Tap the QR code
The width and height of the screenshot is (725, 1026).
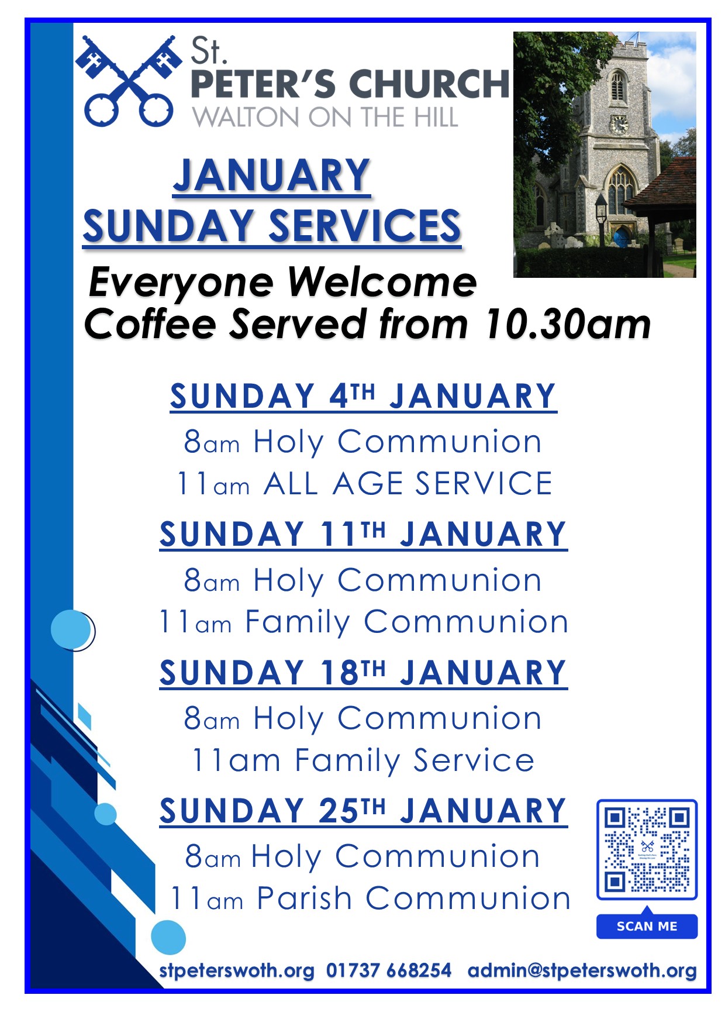click(x=647, y=849)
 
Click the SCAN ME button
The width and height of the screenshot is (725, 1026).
click(x=647, y=926)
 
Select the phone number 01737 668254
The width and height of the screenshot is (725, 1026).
click(x=389, y=970)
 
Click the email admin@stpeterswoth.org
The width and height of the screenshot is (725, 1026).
click(x=582, y=971)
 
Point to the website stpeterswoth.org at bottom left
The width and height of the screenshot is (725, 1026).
click(x=237, y=971)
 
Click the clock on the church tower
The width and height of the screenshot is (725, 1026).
click(x=618, y=125)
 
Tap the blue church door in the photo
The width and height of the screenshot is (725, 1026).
click(x=621, y=237)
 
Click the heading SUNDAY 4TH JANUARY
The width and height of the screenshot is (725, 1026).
click(x=363, y=396)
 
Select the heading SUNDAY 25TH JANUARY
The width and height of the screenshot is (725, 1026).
click(x=363, y=811)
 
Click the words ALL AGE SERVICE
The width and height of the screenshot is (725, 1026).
click(x=408, y=484)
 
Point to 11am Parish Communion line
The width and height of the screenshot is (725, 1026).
click(x=370, y=898)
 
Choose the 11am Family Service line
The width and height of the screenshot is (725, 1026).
click(x=363, y=760)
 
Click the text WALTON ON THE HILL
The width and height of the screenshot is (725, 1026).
click(x=325, y=118)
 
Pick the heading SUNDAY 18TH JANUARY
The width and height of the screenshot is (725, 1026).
click(x=363, y=673)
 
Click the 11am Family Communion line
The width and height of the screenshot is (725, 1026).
click(x=363, y=622)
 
